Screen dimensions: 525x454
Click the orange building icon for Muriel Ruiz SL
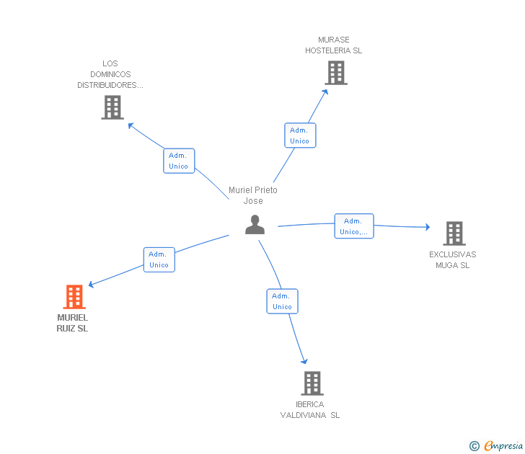[x=74, y=297]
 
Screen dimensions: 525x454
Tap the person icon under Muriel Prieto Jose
[x=255, y=225]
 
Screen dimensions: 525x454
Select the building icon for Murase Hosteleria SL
[x=336, y=73]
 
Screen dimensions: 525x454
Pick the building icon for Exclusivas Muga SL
[x=454, y=233]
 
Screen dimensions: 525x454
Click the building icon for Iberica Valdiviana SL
[x=312, y=383]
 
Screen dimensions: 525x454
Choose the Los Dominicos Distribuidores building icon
[x=112, y=107]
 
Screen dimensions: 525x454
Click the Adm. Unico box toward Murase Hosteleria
[x=300, y=135]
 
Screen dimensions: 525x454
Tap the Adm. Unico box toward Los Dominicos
[x=179, y=161]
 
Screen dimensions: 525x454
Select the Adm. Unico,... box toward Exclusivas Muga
[x=354, y=226]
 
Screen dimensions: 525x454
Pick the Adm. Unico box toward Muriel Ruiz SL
[x=159, y=259]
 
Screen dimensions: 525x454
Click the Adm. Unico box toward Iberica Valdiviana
[x=282, y=301]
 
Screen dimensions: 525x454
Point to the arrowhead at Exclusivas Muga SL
[x=428, y=227]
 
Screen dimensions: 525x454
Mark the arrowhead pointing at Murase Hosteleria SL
[x=325, y=92]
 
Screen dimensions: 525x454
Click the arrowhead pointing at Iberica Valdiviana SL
[x=304, y=361]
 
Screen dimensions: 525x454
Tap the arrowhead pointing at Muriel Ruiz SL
[x=91, y=285]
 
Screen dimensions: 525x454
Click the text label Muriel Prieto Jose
[x=253, y=195]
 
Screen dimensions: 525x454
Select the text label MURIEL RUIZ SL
[x=72, y=323]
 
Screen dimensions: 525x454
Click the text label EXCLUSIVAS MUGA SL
[x=453, y=260]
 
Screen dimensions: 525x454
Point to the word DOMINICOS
[x=110, y=74]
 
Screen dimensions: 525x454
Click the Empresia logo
[x=496, y=445]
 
